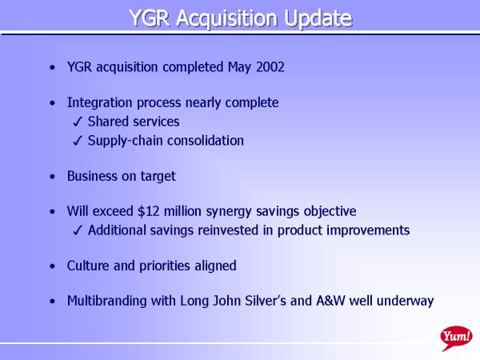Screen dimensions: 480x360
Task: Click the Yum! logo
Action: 456,338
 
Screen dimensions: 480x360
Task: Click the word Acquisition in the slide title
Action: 227,18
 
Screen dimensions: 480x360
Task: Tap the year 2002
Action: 270,67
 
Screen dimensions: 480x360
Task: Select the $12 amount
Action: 149,211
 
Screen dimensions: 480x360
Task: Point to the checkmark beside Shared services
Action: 78,122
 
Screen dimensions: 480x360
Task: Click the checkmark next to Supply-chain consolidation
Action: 78,141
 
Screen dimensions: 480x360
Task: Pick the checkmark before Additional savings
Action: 78,230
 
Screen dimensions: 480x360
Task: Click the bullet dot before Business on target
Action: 53,177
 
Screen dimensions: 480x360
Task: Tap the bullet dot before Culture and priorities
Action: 53,266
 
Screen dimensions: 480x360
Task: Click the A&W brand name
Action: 330,301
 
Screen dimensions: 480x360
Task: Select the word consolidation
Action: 206,141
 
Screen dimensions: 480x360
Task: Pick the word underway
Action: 405,302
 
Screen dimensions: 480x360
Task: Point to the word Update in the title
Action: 318,19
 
